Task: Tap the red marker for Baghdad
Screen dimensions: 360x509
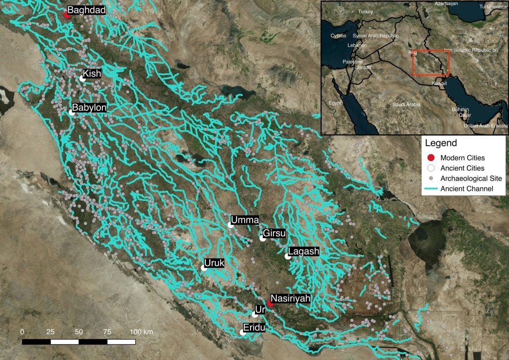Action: [67, 14]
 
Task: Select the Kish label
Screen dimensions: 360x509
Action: [92, 74]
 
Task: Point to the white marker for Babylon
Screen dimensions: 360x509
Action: [72, 113]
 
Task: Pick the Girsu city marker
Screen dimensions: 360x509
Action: [262, 238]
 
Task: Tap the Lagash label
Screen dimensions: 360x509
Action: [303, 252]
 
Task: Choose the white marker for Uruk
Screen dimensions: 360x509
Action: [204, 268]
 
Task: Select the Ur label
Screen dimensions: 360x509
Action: [260, 309]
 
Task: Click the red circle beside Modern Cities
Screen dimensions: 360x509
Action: [431, 158]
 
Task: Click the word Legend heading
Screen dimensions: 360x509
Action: [441, 143]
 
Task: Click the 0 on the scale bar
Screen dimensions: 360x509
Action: [22, 332]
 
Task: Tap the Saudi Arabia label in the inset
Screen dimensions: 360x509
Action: [406, 104]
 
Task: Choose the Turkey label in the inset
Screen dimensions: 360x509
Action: [365, 11]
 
